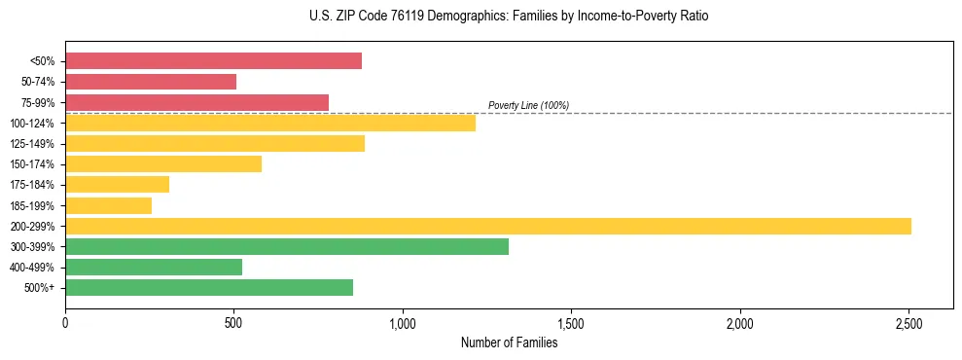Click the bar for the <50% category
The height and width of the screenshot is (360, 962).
[x=213, y=61]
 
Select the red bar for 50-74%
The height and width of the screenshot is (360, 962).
[x=151, y=82]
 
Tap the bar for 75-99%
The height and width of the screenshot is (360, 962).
[x=196, y=102]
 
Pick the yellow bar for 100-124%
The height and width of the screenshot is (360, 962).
[x=270, y=123]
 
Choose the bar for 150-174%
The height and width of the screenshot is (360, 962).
[x=163, y=163]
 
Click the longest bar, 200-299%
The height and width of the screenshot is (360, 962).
[x=487, y=226]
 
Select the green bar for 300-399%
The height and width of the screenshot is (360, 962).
[x=287, y=246]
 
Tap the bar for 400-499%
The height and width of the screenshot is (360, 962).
[x=154, y=267]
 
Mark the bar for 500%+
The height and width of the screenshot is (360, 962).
[x=209, y=287]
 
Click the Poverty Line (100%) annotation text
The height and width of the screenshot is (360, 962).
[x=528, y=105]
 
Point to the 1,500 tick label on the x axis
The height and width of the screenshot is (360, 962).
[x=571, y=322]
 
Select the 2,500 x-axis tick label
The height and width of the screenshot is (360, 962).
[x=909, y=322]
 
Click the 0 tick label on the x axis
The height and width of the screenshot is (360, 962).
[x=65, y=322]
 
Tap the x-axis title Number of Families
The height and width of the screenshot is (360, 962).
[x=509, y=342]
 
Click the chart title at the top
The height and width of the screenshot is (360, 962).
[x=481, y=17]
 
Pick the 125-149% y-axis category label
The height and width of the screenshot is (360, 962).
[x=32, y=144]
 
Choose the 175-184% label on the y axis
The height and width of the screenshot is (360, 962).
[x=32, y=185]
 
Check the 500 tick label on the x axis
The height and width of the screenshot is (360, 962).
[x=233, y=322]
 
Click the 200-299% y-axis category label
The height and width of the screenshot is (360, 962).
[x=32, y=227]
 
